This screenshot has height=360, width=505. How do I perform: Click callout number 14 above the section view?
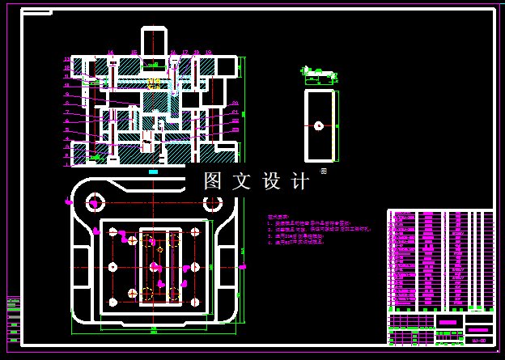point(111,53)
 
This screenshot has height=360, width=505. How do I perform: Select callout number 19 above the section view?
point(210,53)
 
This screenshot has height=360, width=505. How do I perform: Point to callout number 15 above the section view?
point(134,53)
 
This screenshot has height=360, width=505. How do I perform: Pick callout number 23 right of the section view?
point(236,129)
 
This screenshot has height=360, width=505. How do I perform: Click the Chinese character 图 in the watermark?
point(213,181)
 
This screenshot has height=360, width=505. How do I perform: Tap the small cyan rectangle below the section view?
point(154,172)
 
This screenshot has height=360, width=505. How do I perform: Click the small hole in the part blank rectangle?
point(319,125)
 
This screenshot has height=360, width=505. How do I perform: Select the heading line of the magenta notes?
point(278,217)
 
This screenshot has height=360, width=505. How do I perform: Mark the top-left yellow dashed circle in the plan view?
point(148,239)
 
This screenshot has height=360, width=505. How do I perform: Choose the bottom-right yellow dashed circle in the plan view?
point(173,292)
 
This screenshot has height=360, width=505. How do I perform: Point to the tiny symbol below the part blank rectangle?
point(323,171)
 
